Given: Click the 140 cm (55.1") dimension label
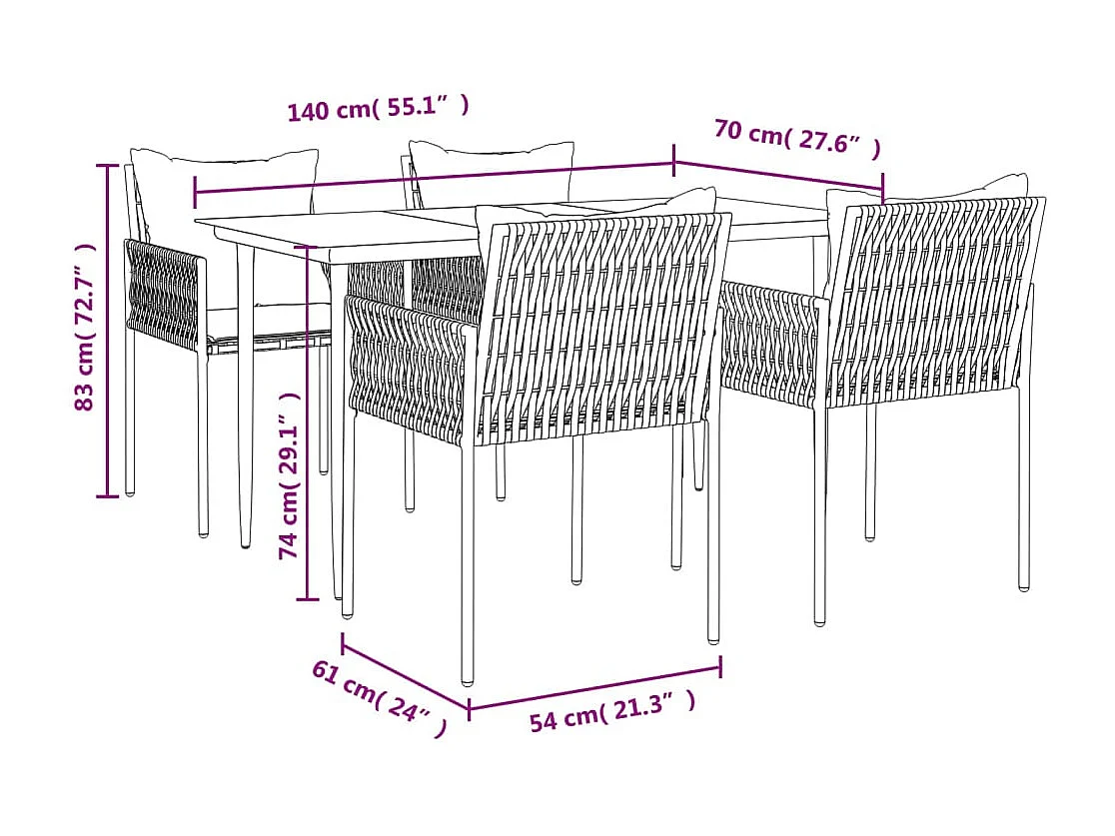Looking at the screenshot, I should pos(378,108).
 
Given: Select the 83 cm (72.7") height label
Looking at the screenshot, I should pos(86,329).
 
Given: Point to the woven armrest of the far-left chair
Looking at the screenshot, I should pos(164,290).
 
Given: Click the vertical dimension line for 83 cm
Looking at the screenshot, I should pos(109,330).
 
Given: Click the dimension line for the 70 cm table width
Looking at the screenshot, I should pos(777,171).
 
